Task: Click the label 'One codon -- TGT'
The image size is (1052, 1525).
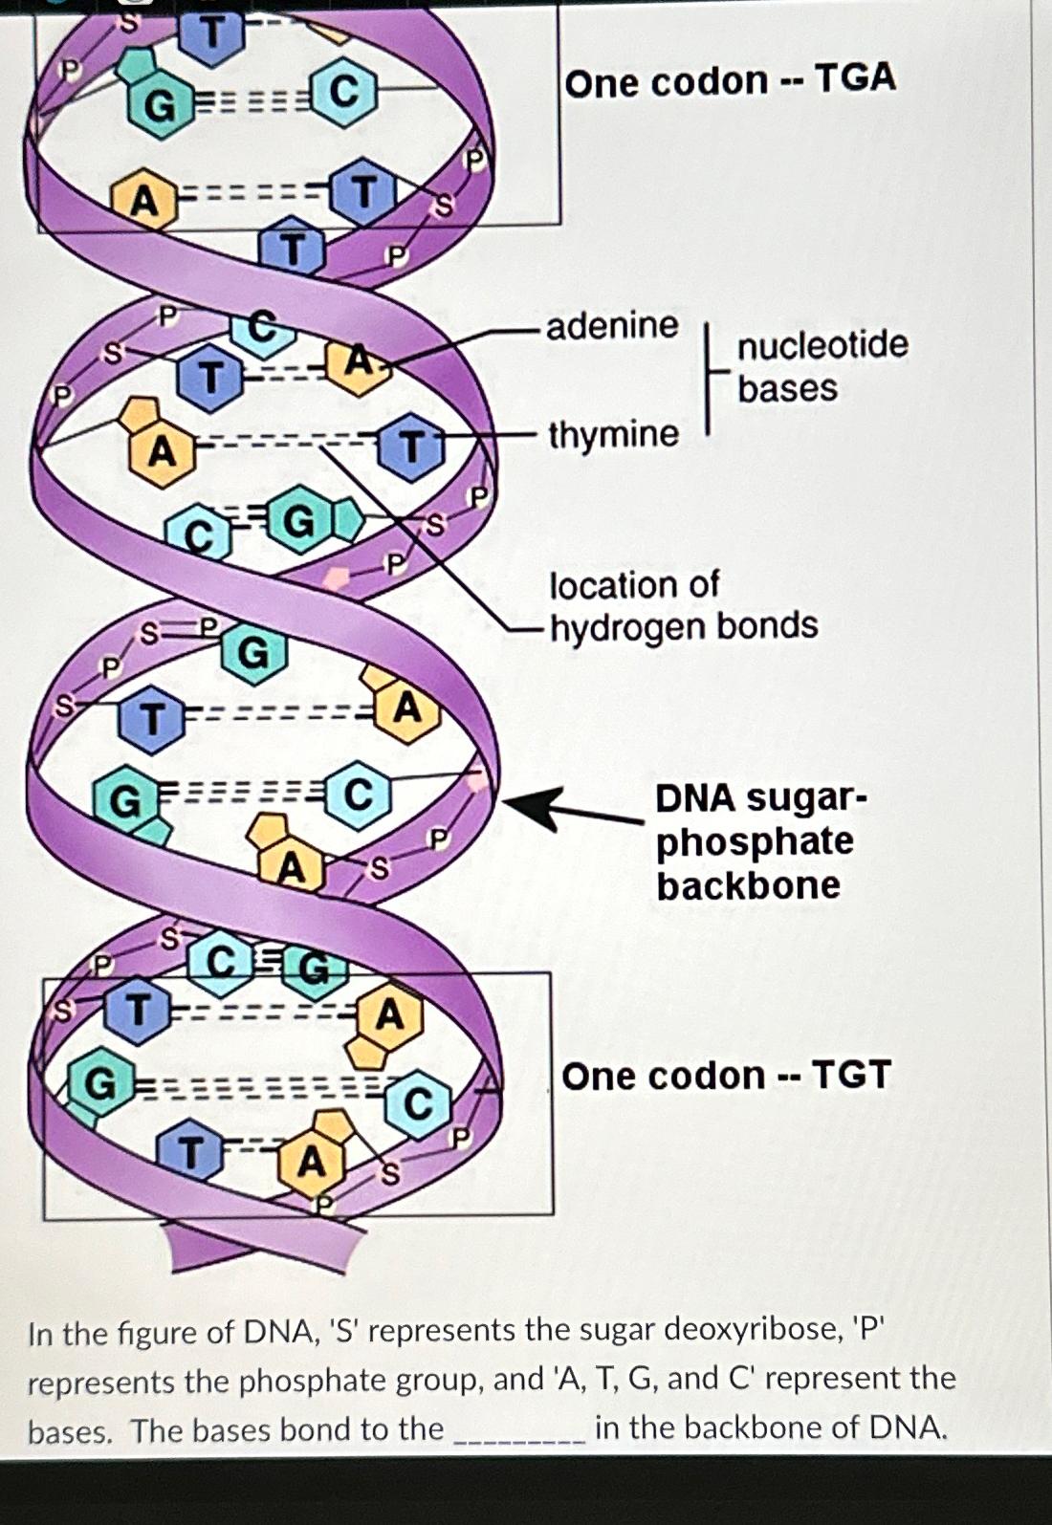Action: click(726, 1076)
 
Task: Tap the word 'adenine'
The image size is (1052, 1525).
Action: click(612, 326)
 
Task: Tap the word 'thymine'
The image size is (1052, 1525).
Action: click(613, 435)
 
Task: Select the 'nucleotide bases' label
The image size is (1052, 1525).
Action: click(822, 366)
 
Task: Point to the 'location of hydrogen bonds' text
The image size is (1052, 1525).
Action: click(683, 605)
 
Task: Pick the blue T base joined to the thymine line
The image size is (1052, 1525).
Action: click(410, 447)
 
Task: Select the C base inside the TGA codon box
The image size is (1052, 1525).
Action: click(343, 92)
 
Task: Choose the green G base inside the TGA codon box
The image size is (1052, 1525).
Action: click(160, 107)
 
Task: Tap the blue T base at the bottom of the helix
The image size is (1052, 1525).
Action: click(191, 1153)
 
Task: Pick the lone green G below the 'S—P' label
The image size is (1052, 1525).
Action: click(253, 654)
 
